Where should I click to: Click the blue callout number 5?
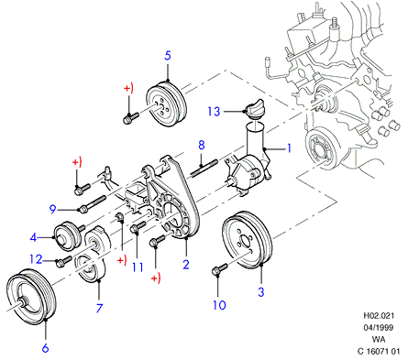tap(168, 56)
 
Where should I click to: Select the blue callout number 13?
tap(214, 112)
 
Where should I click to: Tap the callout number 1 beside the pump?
tap(288, 148)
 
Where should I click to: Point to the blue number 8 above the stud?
tap(201, 146)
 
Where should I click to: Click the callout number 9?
tap(53, 210)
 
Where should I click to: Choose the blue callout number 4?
tap(33, 237)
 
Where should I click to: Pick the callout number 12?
tap(36, 259)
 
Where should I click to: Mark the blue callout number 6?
tap(45, 347)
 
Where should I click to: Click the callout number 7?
tap(99, 308)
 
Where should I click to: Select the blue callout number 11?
tap(138, 267)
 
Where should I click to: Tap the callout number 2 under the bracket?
tap(186, 264)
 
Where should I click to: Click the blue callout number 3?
tap(260, 292)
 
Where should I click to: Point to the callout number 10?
tap(219, 305)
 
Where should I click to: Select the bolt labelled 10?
tap(219, 269)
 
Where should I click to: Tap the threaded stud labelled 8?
tap(204, 168)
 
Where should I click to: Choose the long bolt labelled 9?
tap(93, 203)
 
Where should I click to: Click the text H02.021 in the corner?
tap(379, 315)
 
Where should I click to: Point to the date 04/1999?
tap(379, 328)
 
